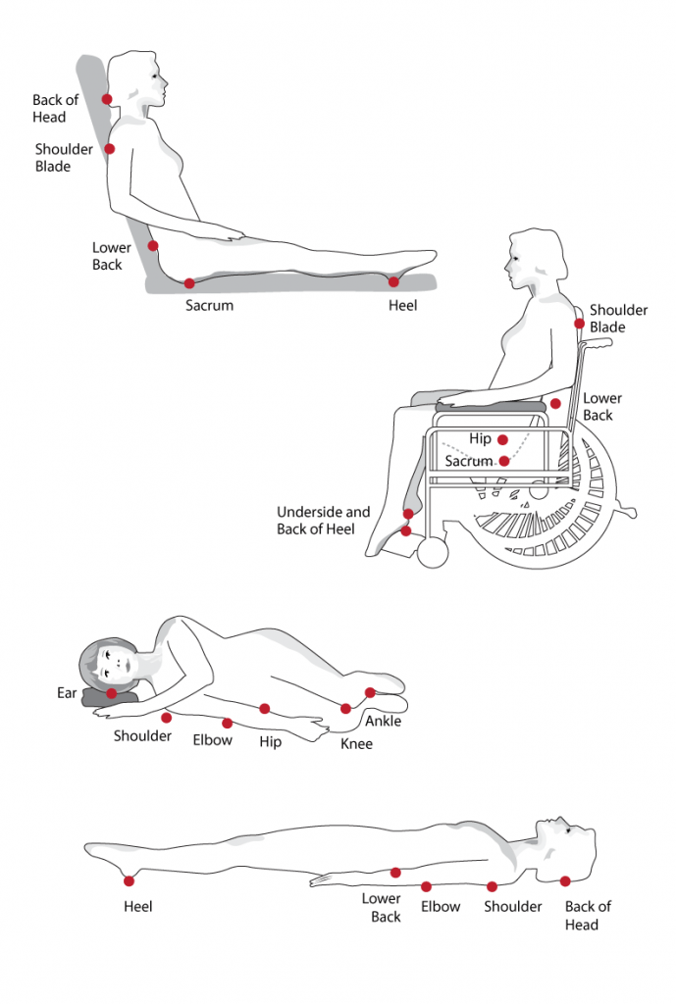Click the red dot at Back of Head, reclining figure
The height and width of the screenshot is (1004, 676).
pos(107,99)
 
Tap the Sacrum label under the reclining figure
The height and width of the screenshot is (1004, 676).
pos(209,305)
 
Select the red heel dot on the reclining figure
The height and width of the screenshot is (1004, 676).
pos(393,281)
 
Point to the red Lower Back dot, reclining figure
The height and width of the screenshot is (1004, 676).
pos(153,245)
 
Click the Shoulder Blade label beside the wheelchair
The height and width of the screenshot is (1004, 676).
pos(618,319)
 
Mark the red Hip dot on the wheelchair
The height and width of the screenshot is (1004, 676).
pos(502,440)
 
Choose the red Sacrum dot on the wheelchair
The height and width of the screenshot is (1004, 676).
pos(503,460)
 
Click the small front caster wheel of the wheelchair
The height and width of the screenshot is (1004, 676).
pos(432,553)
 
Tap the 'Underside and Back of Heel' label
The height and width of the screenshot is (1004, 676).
pos(323,521)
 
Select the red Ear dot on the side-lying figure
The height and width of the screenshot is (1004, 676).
pos(112,693)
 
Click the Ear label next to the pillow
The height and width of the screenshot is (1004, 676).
pos(67,693)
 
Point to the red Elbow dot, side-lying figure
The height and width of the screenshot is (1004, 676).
pos(227,723)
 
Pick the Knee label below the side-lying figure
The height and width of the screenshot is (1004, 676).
pos(356,744)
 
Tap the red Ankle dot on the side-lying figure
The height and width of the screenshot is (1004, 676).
pos(370,692)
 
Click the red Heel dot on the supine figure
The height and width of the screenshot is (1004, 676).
pos(127,876)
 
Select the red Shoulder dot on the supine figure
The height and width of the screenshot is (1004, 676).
pos(492,886)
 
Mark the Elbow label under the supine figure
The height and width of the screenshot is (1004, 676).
pos(441,907)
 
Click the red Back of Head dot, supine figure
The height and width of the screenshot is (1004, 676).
pos(565,880)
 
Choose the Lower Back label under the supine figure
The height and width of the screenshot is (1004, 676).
pos(382,907)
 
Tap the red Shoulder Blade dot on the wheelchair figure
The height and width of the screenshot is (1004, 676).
pos(580,323)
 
